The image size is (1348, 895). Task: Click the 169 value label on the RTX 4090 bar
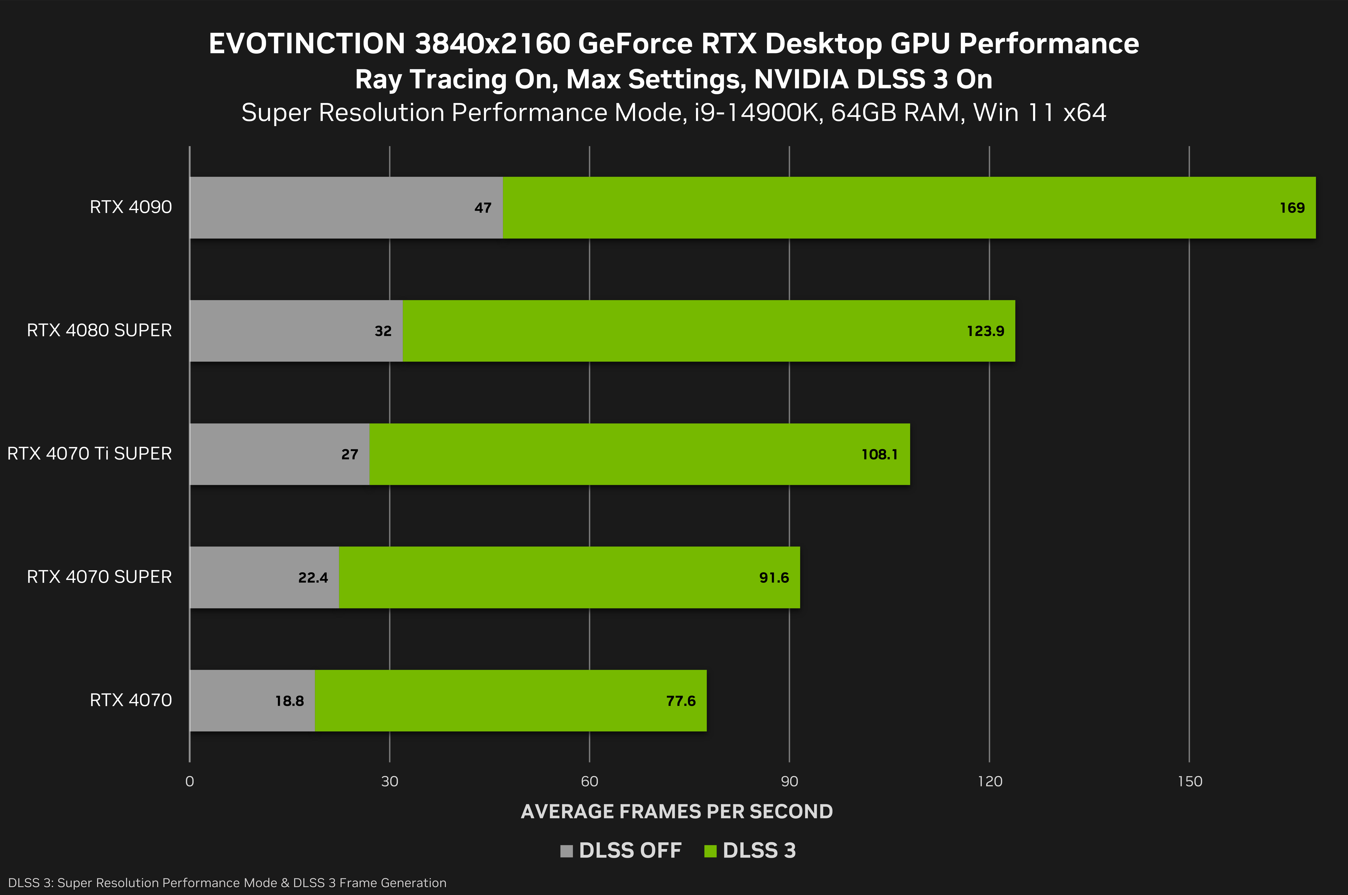(x=1292, y=208)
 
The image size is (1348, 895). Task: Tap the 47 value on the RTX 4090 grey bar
(x=482, y=208)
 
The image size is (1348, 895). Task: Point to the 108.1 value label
(x=879, y=454)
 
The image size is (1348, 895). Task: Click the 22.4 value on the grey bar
(x=313, y=578)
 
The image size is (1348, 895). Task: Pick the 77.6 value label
(x=680, y=701)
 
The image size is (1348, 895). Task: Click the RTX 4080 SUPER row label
(x=99, y=330)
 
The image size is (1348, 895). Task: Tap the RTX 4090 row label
(x=131, y=207)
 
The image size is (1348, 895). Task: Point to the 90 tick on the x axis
(x=789, y=782)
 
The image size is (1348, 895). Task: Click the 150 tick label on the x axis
(x=1190, y=782)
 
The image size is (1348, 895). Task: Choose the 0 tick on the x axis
(x=190, y=782)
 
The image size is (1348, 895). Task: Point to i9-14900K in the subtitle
(x=758, y=112)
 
